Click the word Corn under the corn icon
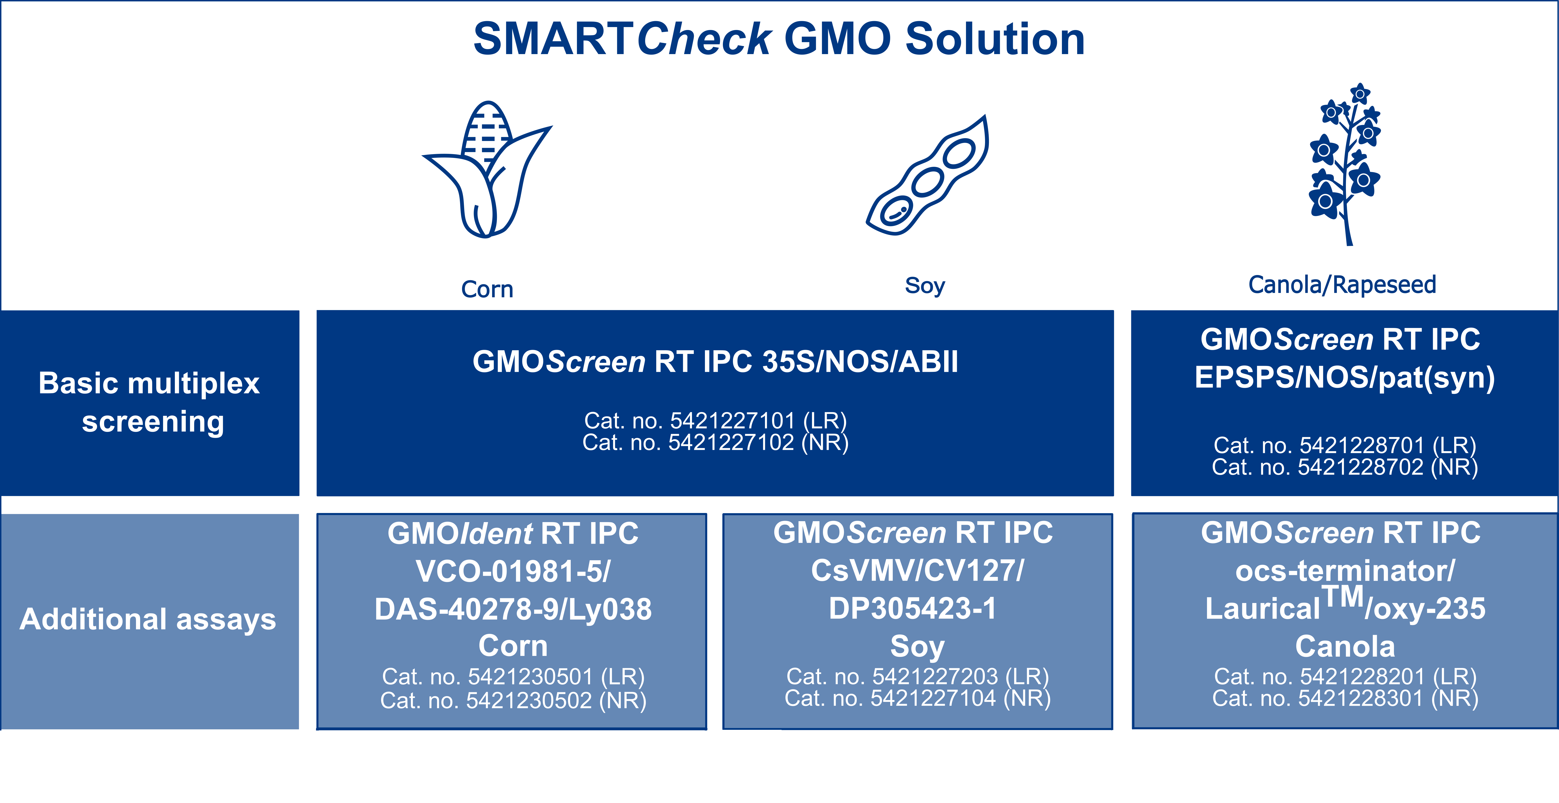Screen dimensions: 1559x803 tap(487, 289)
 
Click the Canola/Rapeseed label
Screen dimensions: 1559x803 tap(1342, 284)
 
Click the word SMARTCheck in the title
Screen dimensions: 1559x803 tap(622, 39)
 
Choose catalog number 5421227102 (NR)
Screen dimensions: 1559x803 tap(715, 442)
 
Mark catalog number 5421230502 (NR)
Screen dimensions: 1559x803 tap(513, 700)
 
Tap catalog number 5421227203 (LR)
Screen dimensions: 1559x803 tap(918, 676)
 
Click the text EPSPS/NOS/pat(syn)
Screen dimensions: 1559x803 tap(1345, 378)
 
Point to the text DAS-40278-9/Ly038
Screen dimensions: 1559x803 tap(513, 609)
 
